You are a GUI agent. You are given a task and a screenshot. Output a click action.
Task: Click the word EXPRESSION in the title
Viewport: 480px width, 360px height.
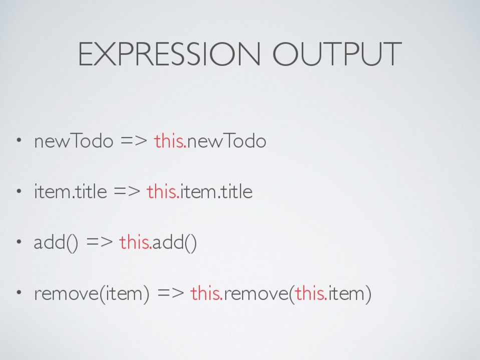[169, 54]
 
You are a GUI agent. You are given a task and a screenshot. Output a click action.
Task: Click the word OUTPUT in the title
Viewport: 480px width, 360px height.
[337, 54]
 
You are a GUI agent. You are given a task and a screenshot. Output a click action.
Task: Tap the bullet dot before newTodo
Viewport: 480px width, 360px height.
[19, 140]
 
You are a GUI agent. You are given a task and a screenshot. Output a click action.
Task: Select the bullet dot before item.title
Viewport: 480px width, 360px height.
[19, 191]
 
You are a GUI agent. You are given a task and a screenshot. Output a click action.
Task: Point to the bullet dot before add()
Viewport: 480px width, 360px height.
[19, 241]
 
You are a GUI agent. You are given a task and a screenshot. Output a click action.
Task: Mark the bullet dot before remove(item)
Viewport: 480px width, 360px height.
[19, 292]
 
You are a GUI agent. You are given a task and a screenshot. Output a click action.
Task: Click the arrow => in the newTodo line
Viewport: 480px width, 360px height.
[134, 141]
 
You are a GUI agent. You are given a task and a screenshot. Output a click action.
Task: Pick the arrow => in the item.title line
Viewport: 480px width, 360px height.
[127, 192]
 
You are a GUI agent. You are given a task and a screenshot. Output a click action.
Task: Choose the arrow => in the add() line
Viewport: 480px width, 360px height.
[100, 242]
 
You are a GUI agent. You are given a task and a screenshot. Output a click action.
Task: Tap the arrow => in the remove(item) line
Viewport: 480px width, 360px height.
[171, 293]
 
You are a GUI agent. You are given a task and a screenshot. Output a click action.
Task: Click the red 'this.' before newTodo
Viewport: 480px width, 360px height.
[170, 140]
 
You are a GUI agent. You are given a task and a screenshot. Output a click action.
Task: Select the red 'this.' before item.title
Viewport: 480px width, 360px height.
[163, 191]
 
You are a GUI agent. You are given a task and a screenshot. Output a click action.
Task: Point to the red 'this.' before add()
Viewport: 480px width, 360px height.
[135, 242]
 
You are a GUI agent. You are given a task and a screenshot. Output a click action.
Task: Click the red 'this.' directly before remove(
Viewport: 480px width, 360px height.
[207, 292]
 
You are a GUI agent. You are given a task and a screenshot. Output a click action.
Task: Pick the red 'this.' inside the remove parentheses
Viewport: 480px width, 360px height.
[311, 292]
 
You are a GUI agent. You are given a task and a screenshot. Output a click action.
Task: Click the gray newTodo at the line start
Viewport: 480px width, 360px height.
[74, 140]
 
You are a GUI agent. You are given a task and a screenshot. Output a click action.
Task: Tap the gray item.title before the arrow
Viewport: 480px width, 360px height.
[71, 191]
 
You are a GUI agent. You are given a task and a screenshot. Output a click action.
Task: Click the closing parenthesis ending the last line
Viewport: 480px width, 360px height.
[368, 294]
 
